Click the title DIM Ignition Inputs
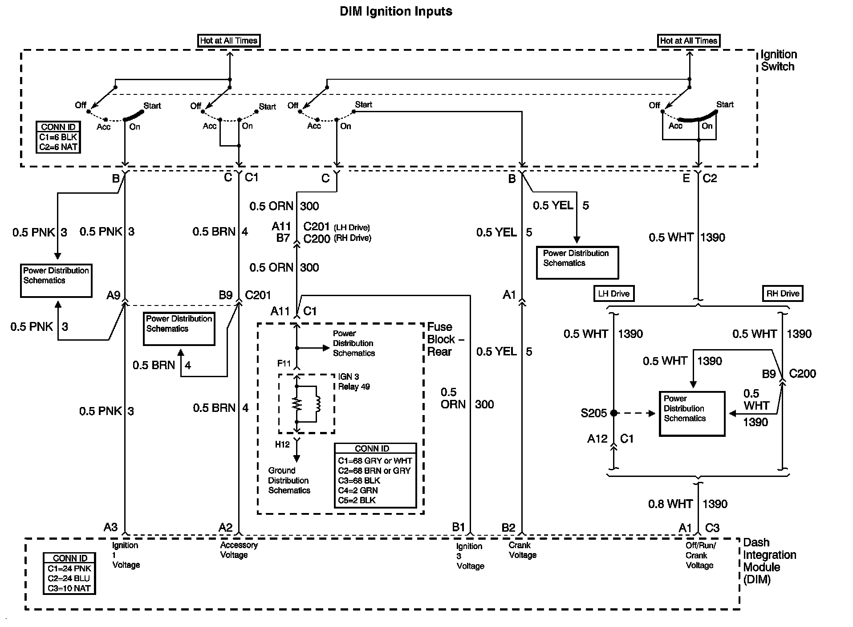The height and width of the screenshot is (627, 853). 396,12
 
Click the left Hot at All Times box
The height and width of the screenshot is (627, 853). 228,41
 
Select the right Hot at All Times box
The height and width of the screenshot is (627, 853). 688,41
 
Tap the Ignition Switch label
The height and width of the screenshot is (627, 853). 778,61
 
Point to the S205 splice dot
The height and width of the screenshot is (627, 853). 614,413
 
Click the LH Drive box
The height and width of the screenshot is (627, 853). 613,293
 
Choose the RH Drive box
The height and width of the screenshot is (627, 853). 783,293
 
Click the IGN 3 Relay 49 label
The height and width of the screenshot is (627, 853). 353,382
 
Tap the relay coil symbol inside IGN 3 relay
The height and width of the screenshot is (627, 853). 317,404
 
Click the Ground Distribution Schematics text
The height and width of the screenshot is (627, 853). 289,480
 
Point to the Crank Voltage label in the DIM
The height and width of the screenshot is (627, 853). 522,550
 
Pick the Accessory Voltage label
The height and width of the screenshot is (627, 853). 239,550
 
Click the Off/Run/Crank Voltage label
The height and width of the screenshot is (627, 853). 700,555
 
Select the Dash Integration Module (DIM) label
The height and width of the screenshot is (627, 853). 769,561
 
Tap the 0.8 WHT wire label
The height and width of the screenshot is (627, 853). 670,504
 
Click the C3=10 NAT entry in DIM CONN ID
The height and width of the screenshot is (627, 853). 69,588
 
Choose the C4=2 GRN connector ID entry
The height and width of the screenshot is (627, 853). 357,490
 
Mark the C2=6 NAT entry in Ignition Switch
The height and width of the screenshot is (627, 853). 58,147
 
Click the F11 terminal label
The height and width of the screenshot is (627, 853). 284,364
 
